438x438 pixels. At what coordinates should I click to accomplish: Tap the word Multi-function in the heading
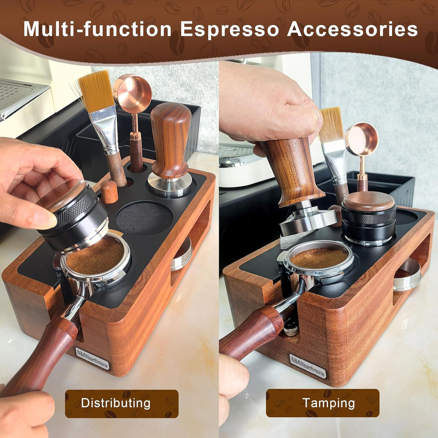click(x=97, y=29)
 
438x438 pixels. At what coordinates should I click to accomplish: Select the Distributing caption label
click(x=121, y=403)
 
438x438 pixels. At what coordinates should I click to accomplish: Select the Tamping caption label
click(x=323, y=403)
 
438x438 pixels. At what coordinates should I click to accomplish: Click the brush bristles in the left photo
click(x=96, y=90)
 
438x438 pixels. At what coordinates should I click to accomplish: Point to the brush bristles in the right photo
click(x=331, y=124)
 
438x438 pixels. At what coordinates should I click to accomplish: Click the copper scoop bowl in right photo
click(x=363, y=139)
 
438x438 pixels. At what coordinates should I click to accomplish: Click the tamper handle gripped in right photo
click(x=293, y=171)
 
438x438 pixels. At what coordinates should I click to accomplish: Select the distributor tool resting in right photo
click(x=369, y=218)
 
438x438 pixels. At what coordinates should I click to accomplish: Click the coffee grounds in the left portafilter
click(x=96, y=256)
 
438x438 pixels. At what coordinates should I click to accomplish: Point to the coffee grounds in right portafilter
click(x=319, y=257)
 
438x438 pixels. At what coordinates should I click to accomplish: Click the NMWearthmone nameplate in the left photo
click(x=92, y=358)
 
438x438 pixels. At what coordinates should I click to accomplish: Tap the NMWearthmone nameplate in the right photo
click(x=308, y=366)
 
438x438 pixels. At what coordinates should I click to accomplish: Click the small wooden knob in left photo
click(x=109, y=192)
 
